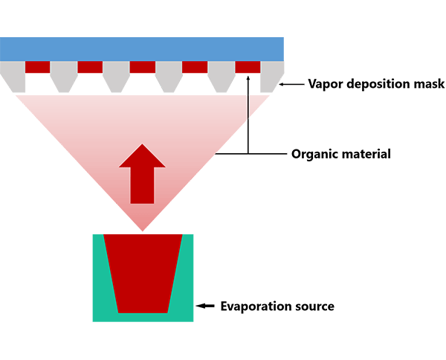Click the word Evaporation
point(256,306)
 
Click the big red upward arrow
point(142,173)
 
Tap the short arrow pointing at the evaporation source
point(205,306)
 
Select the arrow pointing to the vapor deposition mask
point(291,84)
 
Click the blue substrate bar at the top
point(142,49)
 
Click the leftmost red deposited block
point(38,67)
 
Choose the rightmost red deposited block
point(248,67)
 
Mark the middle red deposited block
point(143,67)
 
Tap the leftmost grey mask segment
point(13,77)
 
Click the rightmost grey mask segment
point(272,77)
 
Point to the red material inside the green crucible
point(143,273)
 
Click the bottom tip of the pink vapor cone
point(143,231)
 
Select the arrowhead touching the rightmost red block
point(248,77)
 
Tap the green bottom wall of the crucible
point(143,318)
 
